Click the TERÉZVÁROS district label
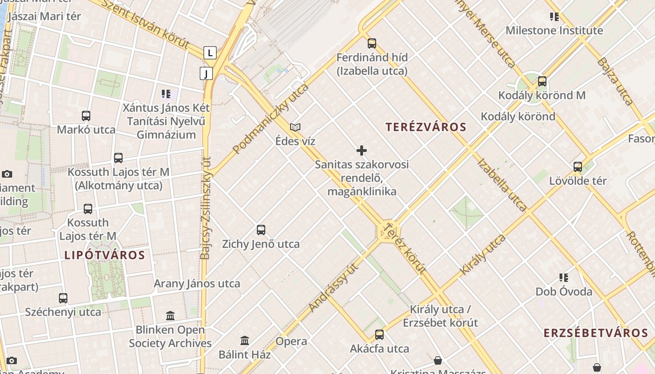click(x=426, y=127)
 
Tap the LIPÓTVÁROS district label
click(x=104, y=255)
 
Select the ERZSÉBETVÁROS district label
click(x=596, y=333)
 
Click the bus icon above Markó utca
click(x=86, y=116)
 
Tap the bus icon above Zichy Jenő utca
click(x=261, y=230)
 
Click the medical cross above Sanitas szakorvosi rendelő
click(x=362, y=151)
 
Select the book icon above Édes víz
click(x=295, y=127)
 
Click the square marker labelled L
click(x=210, y=53)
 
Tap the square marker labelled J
click(x=206, y=73)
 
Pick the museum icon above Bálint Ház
click(x=245, y=340)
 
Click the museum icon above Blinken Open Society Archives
click(x=170, y=316)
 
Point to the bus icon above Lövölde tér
click(x=578, y=166)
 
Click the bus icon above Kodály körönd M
click(x=542, y=81)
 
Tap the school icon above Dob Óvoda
click(x=564, y=278)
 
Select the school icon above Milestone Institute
click(x=554, y=17)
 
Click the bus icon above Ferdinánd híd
click(x=372, y=43)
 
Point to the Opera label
click(x=291, y=341)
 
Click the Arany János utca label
click(x=197, y=283)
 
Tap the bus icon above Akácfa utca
click(x=379, y=335)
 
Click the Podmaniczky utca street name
click(x=271, y=119)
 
